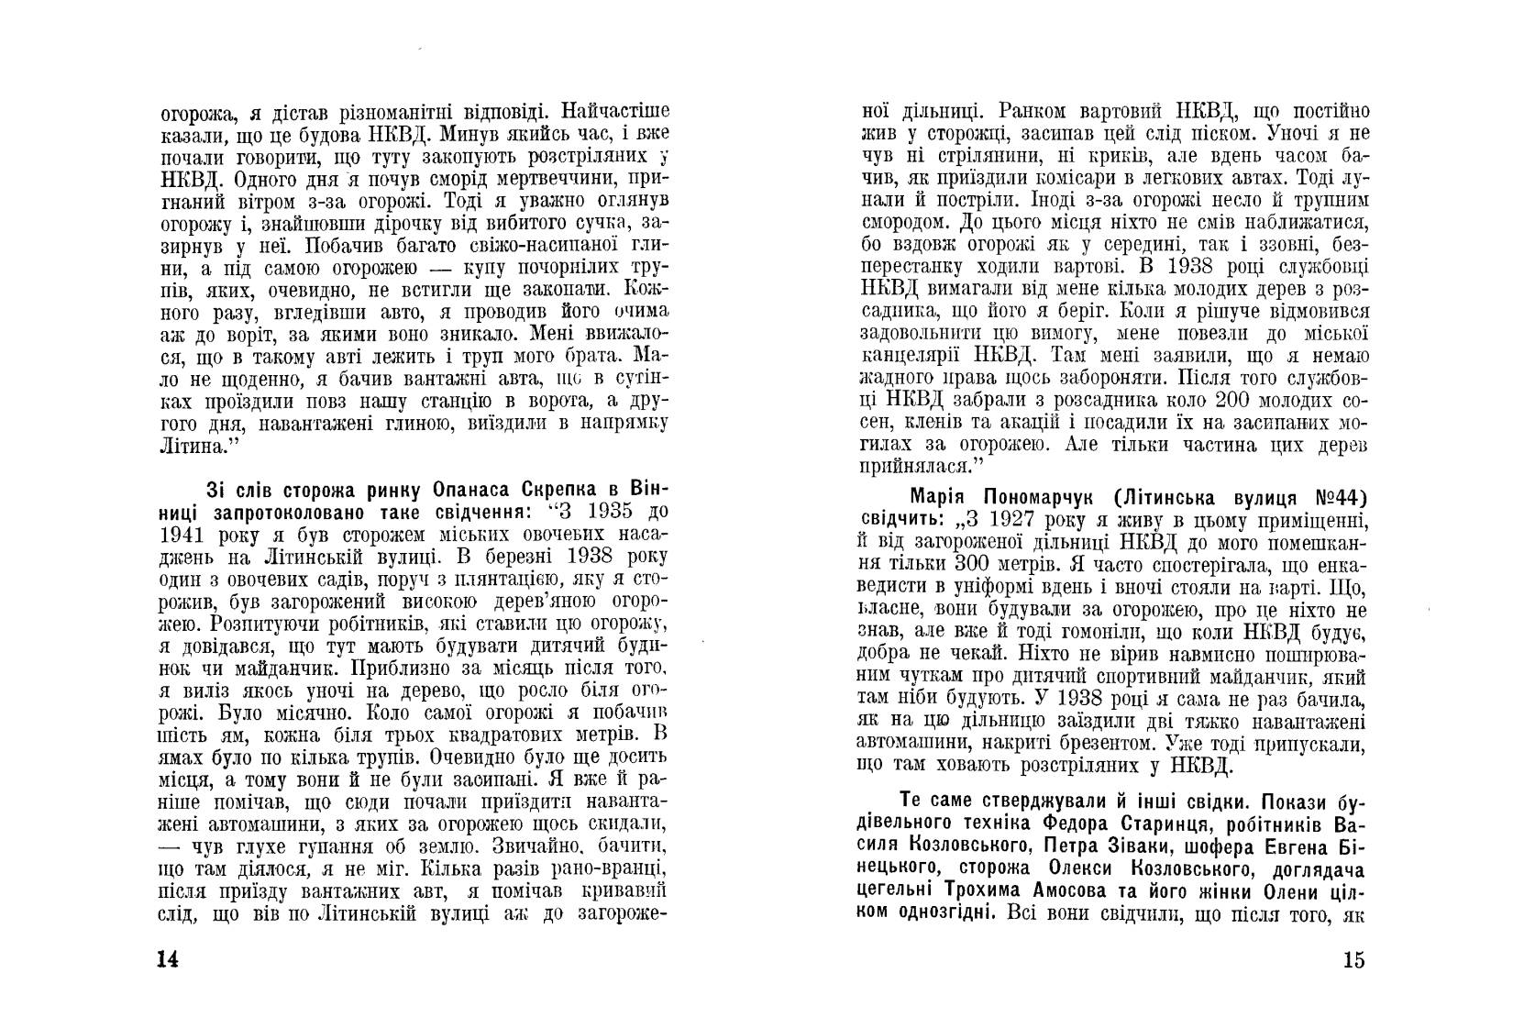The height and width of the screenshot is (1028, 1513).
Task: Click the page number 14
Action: tap(167, 959)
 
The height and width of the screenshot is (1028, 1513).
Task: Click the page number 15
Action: tap(1353, 960)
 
